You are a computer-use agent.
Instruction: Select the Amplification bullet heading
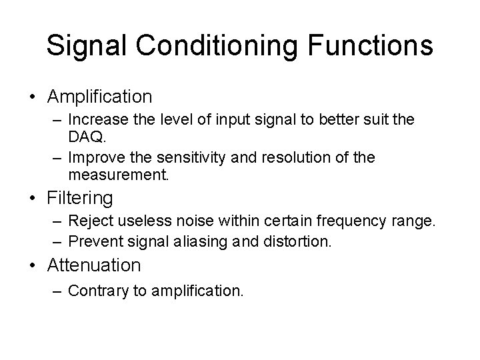pyautogui.click(x=100, y=97)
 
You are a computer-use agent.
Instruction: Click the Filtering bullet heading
pyautogui.click(x=81, y=198)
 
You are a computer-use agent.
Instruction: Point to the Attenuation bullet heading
pyautogui.click(x=94, y=265)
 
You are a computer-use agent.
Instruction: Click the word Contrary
pyautogui.click(x=95, y=290)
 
